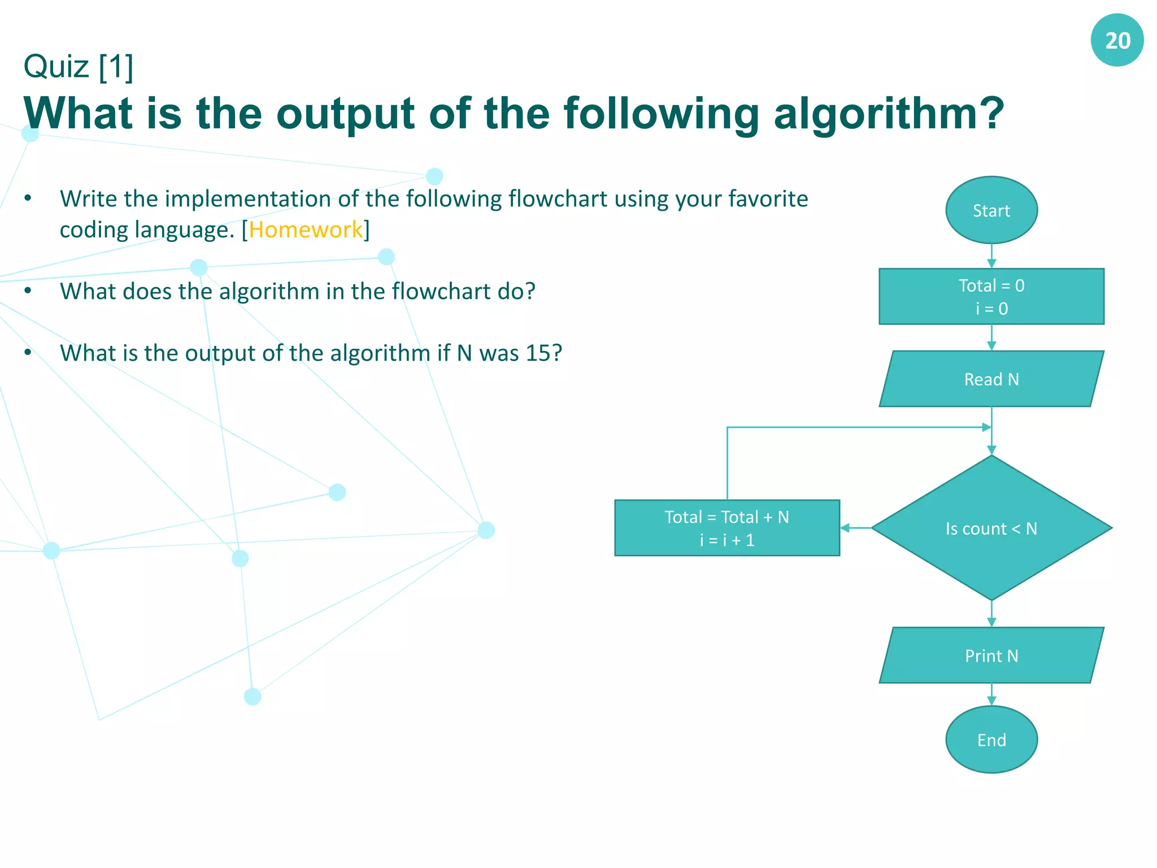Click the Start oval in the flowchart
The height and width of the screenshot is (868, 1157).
coord(991,210)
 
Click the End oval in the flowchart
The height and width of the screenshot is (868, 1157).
coord(991,739)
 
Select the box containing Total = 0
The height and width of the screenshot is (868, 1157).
coord(991,297)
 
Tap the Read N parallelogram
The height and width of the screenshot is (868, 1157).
coord(991,379)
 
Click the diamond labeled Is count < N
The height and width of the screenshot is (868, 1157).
coord(991,528)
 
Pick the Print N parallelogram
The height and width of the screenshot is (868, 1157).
coord(991,656)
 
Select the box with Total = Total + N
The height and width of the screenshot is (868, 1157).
coord(727,528)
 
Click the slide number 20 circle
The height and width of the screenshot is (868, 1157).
coord(1117,40)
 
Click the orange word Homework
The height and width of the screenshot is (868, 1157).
coord(306,230)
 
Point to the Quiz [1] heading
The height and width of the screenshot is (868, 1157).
coord(79,67)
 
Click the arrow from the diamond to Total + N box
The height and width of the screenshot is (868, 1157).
coord(855,528)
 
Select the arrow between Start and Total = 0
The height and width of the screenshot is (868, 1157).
coord(991,256)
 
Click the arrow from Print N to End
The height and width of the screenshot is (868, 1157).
coord(991,695)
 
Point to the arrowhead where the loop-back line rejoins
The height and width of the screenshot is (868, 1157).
coord(986,427)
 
